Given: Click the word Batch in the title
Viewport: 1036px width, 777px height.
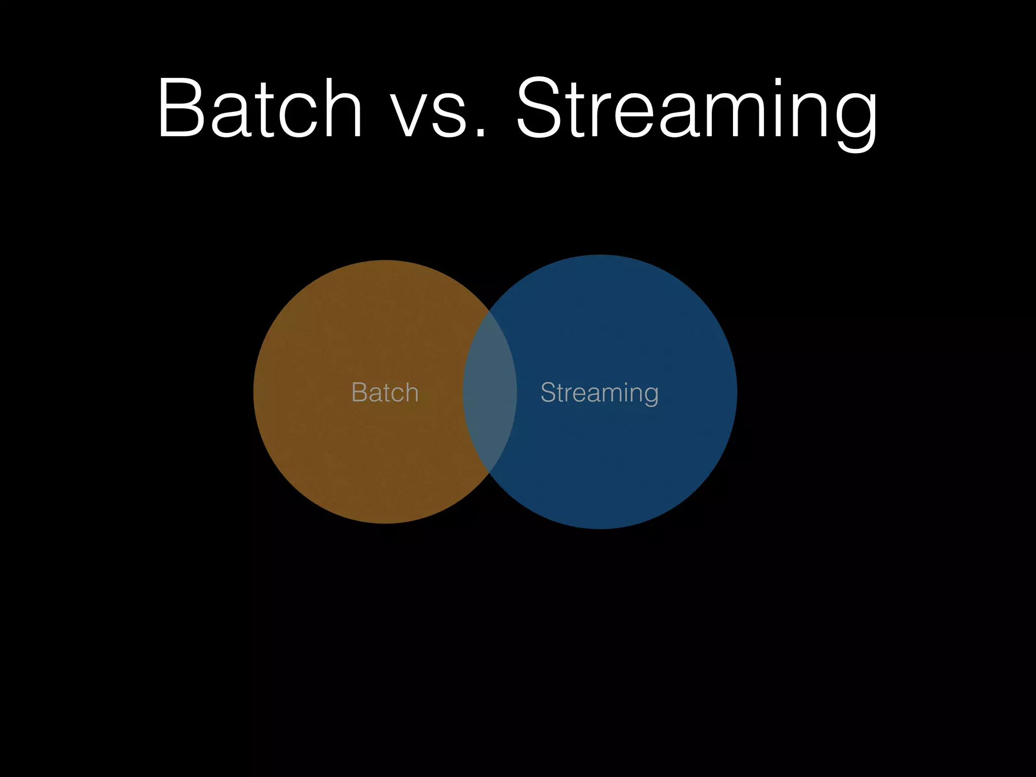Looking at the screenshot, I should pos(260,108).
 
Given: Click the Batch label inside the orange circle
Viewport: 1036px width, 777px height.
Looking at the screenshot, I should pos(385,393).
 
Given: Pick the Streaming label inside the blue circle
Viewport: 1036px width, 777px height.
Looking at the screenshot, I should pos(599,393).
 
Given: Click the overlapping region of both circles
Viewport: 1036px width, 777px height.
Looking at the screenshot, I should pos(490,392).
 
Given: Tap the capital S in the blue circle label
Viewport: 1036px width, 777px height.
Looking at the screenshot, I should pos(548,393).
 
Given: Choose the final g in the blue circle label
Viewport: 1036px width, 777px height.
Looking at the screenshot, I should pos(651,395).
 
